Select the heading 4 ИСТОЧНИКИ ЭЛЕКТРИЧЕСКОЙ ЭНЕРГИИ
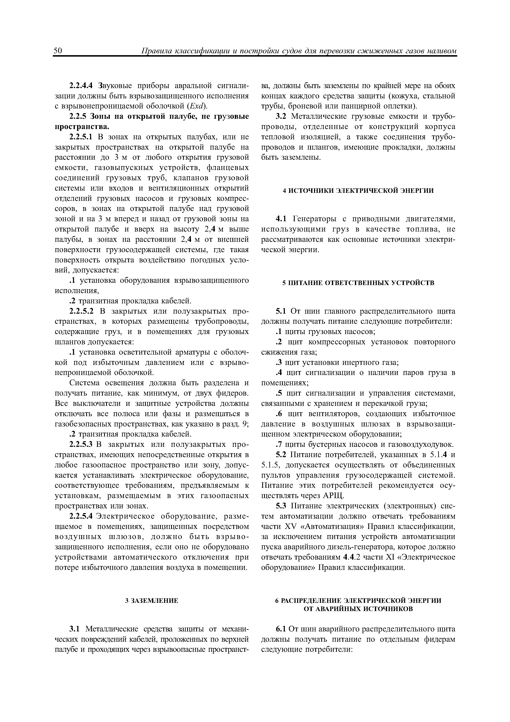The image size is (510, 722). click(358, 191)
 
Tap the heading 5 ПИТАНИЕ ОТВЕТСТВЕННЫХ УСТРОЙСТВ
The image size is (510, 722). click(358, 283)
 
